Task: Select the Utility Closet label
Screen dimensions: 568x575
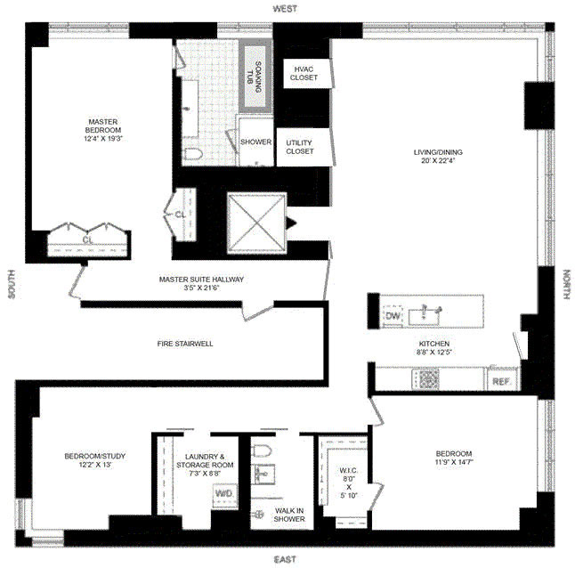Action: tap(300, 147)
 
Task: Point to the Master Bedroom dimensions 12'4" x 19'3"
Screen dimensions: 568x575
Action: tap(102, 139)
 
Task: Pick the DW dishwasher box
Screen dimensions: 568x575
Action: tap(392, 315)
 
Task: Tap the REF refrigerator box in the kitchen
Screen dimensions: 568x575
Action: tap(500, 381)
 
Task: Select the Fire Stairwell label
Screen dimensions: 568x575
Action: tap(185, 344)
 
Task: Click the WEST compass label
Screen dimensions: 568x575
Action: tap(285, 7)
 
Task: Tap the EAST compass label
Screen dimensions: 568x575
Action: tap(285, 559)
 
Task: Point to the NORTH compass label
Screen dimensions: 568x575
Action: tap(567, 287)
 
